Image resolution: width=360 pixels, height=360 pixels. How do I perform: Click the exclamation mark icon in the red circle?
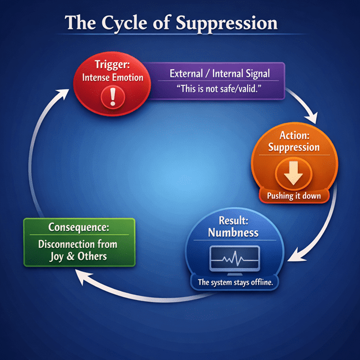pos(112,97)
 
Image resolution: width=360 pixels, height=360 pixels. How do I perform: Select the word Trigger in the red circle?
pos(111,65)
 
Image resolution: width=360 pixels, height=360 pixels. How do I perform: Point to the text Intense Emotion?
pos(112,78)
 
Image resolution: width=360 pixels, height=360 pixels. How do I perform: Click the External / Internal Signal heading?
pos(220,73)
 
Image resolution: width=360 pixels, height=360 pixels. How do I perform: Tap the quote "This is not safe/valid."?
pos(219,89)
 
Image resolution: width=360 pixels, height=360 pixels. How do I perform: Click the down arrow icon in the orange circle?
pos(294,173)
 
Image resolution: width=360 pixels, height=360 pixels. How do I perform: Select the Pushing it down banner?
pos(294,196)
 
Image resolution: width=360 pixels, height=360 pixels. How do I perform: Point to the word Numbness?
pos(233,232)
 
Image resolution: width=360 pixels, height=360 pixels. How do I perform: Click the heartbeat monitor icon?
pos(234,260)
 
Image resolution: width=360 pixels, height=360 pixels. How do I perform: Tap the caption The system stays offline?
pos(235,282)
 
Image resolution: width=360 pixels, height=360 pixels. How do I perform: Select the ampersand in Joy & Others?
pos(70,257)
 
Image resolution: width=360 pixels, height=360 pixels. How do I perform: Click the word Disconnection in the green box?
pos(66,244)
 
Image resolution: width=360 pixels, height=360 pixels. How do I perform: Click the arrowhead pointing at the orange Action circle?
pos(312,118)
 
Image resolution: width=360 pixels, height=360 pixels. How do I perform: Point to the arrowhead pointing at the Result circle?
pos(295,256)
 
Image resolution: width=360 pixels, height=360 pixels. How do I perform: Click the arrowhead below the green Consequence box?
pos(83,276)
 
